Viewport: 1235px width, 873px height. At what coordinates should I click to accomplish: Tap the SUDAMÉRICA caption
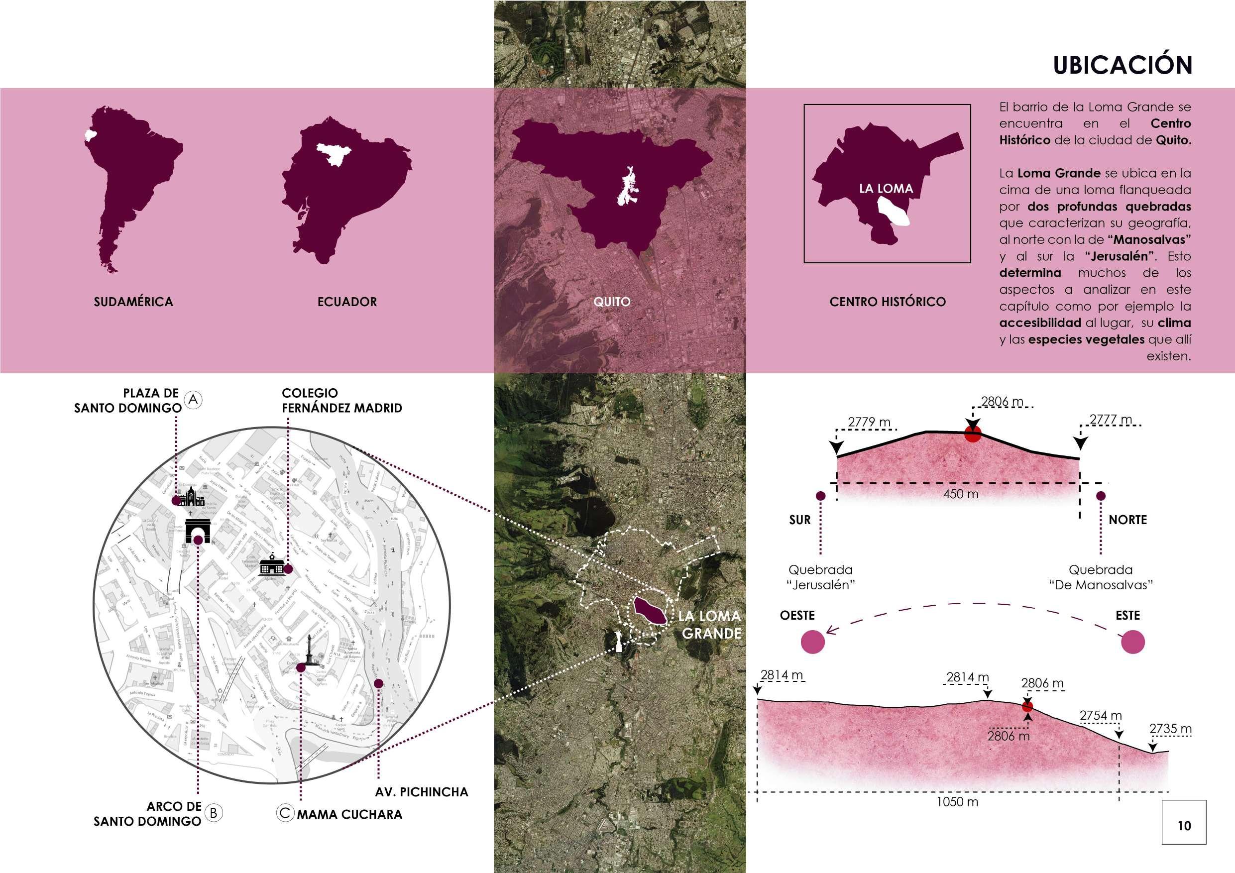tap(133, 302)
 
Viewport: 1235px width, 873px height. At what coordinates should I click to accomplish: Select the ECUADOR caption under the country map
tap(347, 302)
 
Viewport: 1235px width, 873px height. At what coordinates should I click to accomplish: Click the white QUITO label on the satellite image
tap(612, 302)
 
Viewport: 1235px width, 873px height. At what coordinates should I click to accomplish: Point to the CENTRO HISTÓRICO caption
tap(888, 302)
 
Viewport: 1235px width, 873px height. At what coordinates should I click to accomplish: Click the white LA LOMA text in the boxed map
tap(886, 189)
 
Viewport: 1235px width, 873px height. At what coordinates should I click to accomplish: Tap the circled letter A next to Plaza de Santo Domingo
tap(193, 400)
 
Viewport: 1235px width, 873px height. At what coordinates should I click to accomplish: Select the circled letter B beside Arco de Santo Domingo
tap(214, 813)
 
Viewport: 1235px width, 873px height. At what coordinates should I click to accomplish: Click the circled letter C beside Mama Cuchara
tap(285, 813)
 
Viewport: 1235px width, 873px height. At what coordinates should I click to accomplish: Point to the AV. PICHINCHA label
tap(421, 792)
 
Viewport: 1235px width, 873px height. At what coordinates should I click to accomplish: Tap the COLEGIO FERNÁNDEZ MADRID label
tap(341, 401)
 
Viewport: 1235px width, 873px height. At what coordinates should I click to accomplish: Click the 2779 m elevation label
tap(869, 422)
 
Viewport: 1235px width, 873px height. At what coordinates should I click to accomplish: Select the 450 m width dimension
tap(961, 494)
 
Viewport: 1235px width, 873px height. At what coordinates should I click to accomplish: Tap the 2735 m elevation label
tap(1170, 729)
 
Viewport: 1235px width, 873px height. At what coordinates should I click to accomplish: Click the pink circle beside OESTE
tap(813, 642)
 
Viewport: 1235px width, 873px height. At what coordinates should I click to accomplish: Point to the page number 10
tap(1184, 826)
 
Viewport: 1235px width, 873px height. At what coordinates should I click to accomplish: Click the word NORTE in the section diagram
tap(1127, 520)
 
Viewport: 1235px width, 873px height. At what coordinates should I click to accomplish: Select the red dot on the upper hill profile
tap(973, 433)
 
